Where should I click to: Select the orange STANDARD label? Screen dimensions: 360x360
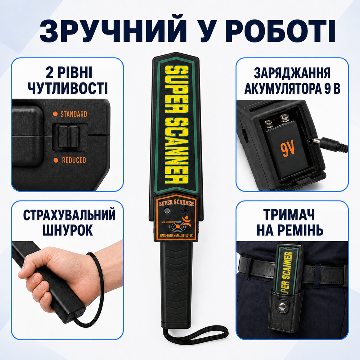[x=74, y=114]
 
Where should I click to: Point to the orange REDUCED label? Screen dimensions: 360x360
[x=74, y=160]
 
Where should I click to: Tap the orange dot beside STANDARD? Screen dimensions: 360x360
[x=55, y=114]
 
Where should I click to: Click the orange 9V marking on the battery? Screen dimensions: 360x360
[x=287, y=149]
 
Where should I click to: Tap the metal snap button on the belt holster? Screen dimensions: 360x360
[x=283, y=306]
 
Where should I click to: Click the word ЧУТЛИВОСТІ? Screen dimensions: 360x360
[x=68, y=88]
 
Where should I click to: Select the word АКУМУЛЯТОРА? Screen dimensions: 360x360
[x=283, y=88]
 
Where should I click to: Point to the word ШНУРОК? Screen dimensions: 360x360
[x=68, y=230]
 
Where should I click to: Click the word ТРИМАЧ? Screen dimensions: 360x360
[x=289, y=215]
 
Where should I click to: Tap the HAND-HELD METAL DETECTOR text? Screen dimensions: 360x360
[x=176, y=235]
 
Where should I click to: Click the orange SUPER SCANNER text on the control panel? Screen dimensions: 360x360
[x=176, y=203]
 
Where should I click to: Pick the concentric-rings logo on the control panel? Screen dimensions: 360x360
[x=177, y=227]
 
